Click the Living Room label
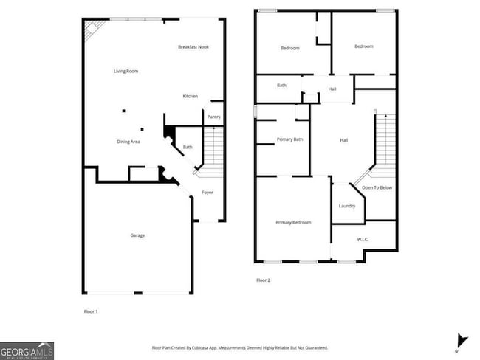[126, 72]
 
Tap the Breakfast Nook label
[193, 47]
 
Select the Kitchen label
[191, 97]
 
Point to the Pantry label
[214, 117]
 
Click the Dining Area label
[128, 142]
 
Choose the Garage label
[137, 235]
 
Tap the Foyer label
[208, 193]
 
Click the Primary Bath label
[290, 139]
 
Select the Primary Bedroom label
[293, 223]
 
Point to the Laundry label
[347, 207]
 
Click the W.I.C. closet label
[363, 239]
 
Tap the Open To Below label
[377, 188]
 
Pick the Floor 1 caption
[91, 311]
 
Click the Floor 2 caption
[264, 280]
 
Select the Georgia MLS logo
[27, 350]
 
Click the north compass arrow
[462, 341]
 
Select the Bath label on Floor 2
[282, 86]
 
